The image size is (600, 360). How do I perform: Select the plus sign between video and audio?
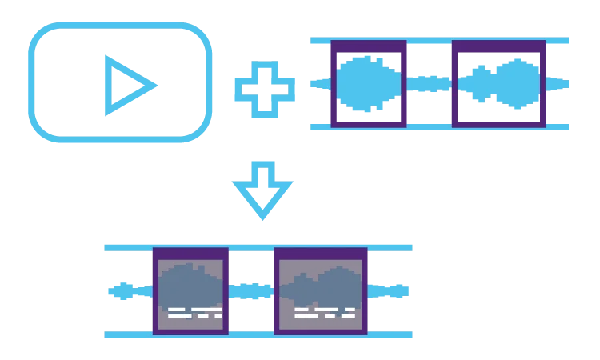pyautogui.click(x=265, y=83)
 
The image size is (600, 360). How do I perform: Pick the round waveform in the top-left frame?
pyautogui.click(x=366, y=83)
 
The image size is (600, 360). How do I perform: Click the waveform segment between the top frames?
pyautogui.click(x=430, y=83)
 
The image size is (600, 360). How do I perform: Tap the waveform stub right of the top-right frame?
pyautogui.click(x=558, y=83)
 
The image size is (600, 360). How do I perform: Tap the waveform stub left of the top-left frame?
pyautogui.click(x=318, y=83)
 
